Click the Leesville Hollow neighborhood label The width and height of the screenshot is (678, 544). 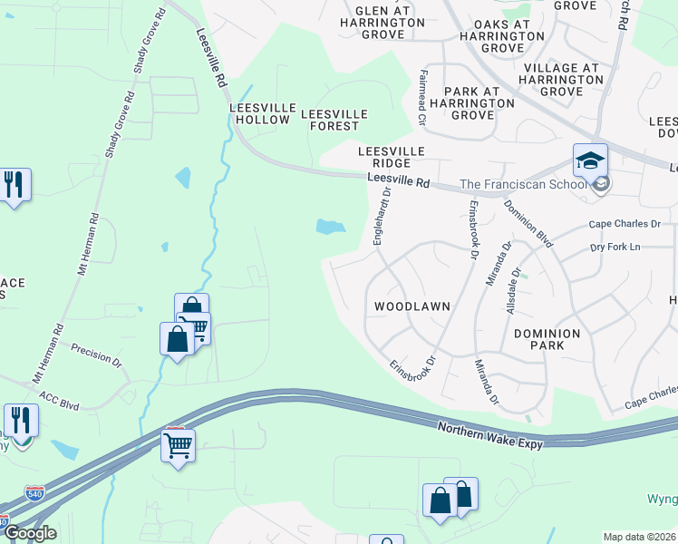point(263,113)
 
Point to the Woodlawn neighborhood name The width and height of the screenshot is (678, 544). point(412,307)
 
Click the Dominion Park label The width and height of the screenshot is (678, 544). point(547,340)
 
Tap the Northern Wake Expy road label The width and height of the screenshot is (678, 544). point(489,435)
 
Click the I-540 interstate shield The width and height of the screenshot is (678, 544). point(34,494)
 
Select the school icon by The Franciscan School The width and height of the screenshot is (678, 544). point(590,161)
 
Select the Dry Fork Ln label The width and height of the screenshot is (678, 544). point(615,247)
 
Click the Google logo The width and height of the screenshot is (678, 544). point(29,533)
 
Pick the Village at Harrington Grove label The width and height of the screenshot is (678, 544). point(563,80)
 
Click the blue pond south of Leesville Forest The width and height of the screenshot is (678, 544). point(330,227)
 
